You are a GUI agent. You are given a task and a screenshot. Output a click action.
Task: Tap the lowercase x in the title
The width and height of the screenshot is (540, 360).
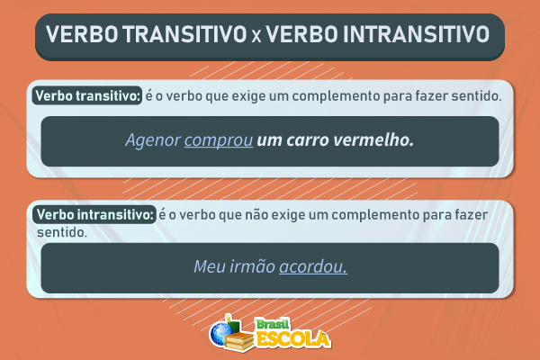click(255, 37)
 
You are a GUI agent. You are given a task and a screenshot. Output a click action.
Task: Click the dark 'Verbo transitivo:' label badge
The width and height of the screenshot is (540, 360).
click(86, 94)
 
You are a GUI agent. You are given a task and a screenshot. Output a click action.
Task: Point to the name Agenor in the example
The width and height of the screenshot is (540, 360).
click(153, 141)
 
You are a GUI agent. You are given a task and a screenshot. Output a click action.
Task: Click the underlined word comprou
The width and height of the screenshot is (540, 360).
click(219, 141)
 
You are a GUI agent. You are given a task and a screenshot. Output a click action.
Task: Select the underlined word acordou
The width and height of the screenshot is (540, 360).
click(313, 267)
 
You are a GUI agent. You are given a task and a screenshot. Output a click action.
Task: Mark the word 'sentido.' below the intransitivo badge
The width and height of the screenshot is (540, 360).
click(62, 231)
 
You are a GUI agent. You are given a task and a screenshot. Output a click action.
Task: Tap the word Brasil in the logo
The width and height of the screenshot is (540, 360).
click(272, 323)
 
